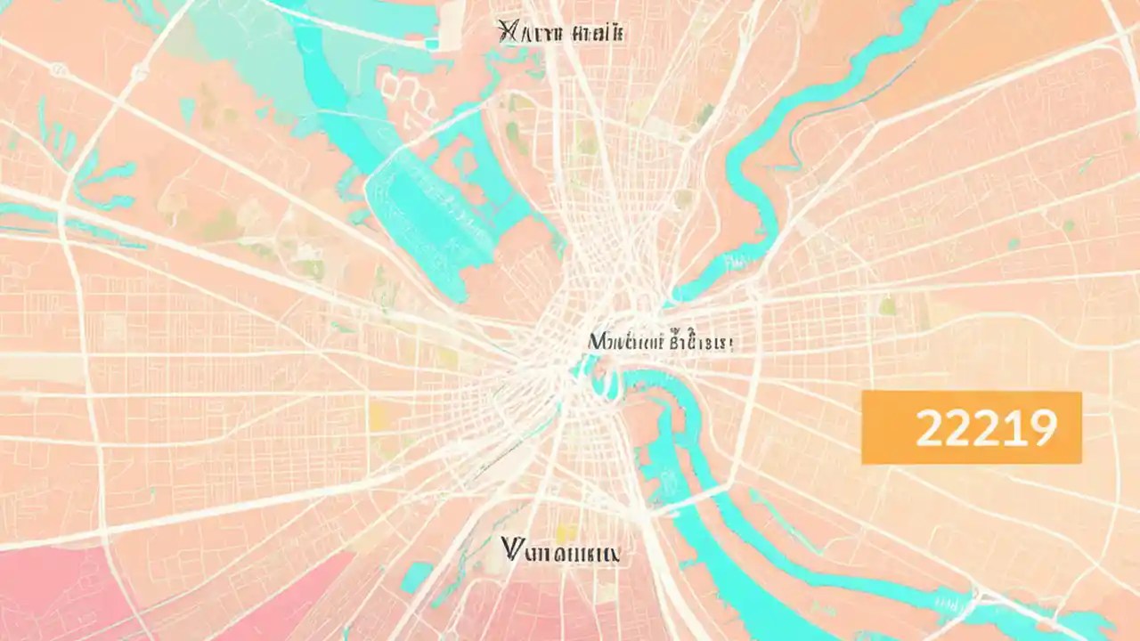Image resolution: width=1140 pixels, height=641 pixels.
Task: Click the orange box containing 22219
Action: click(971, 428)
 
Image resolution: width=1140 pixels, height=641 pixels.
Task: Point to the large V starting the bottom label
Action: click(512, 550)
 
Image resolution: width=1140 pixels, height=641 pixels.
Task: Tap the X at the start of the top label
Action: click(509, 34)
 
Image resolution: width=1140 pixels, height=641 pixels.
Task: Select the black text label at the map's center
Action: click(659, 341)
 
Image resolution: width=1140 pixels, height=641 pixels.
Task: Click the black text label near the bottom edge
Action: click(560, 551)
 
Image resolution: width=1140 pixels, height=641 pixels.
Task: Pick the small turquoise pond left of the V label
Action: click(415, 577)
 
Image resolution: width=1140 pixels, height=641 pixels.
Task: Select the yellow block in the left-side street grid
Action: click(379, 416)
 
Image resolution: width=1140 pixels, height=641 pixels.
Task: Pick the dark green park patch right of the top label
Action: click(704, 114)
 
